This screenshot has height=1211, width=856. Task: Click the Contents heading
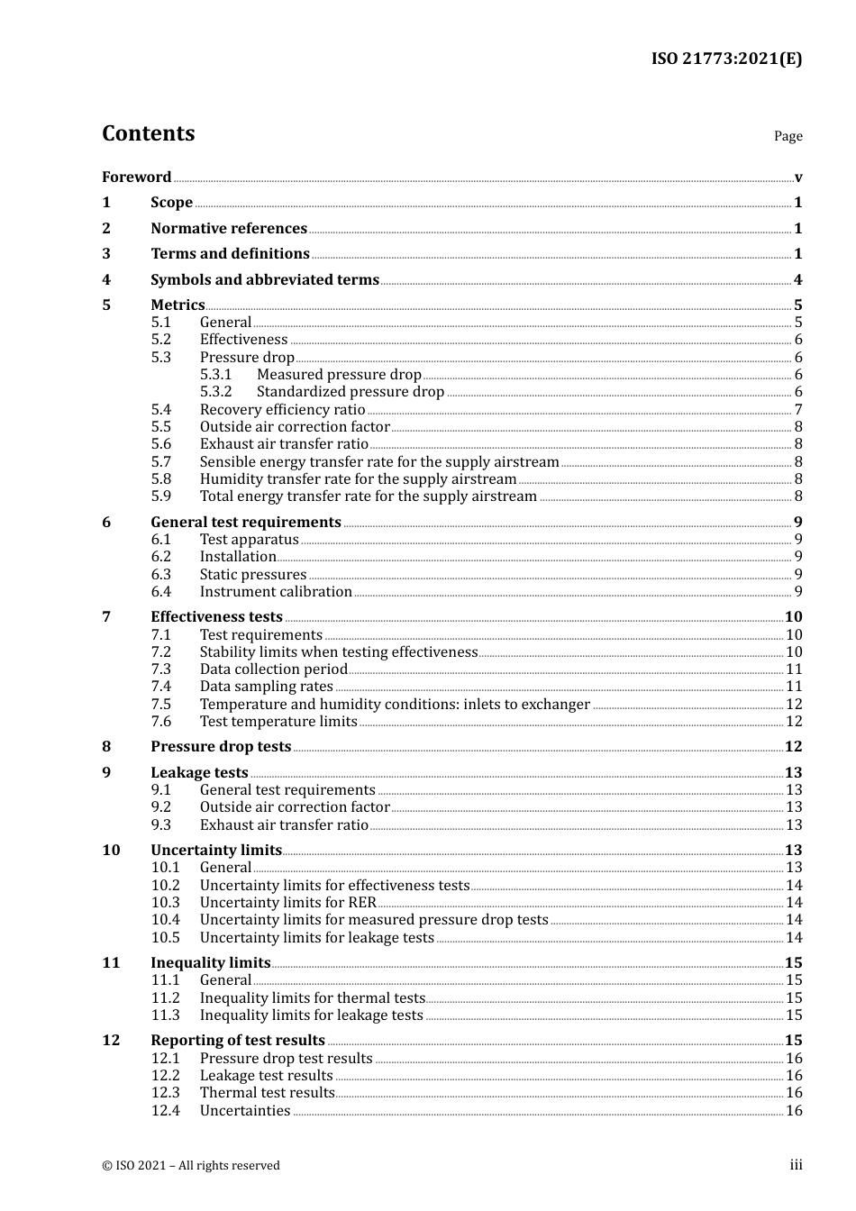coord(148,133)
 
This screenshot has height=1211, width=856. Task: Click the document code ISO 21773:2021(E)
coord(726,59)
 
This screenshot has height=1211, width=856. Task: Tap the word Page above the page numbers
coord(788,136)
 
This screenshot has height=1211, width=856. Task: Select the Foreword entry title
coord(136,178)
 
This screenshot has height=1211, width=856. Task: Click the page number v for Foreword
coord(798,178)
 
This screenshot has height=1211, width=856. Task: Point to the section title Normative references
coord(229,229)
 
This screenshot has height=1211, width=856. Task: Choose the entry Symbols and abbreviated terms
coord(265,280)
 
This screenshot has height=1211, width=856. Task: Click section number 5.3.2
coord(215,392)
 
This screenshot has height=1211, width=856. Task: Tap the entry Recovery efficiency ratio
coord(282,410)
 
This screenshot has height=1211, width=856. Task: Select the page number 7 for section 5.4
coord(798,410)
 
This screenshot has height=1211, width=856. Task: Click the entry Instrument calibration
coord(276,592)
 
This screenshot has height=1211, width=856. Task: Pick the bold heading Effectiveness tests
coord(216,617)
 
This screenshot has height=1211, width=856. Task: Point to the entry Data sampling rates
coord(266,687)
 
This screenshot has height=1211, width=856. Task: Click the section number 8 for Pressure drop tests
coord(106,747)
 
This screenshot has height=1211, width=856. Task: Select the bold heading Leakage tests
coord(199,773)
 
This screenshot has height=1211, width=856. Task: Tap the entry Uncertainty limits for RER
coord(287,903)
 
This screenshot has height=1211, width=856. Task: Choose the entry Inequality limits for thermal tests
coord(312,998)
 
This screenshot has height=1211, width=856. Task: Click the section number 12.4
coord(165,1111)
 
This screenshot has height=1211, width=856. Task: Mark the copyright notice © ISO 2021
coord(190,1166)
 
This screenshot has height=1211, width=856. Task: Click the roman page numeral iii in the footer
coord(797,1165)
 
